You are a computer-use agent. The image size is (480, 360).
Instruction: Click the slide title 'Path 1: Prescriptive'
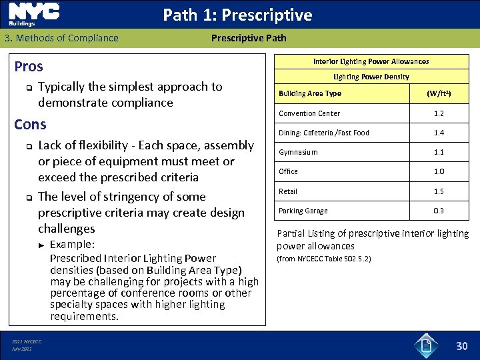coord(237,15)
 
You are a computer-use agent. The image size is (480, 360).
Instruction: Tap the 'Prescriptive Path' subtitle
coord(249,38)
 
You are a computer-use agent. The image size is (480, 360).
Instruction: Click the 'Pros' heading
coord(29,66)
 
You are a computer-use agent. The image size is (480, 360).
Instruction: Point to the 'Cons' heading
coord(30,125)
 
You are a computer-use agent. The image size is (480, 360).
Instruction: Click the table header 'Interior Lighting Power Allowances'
coord(371,61)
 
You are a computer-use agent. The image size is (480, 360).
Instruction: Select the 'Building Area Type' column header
coord(309,93)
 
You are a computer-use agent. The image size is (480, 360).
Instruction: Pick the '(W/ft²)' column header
coord(439,94)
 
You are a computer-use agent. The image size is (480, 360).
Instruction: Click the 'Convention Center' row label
coord(309,113)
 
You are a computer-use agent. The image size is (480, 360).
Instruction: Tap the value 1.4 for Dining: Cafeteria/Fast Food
coord(439,133)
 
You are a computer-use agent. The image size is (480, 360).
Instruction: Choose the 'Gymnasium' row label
coord(298,152)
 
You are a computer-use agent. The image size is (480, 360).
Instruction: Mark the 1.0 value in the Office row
coord(439,171)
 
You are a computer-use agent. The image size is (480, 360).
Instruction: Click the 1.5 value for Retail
coord(439,191)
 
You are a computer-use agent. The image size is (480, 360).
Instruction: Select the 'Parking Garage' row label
coord(303,211)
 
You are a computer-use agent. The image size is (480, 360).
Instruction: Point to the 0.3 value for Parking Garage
coord(439,211)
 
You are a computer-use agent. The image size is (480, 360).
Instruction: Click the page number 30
coord(462,345)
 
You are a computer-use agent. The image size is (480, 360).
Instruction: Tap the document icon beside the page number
coord(426,345)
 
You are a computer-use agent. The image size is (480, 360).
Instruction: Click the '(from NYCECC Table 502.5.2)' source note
coord(323,258)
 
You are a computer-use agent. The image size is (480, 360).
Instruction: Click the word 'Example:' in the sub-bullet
coord(72,244)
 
